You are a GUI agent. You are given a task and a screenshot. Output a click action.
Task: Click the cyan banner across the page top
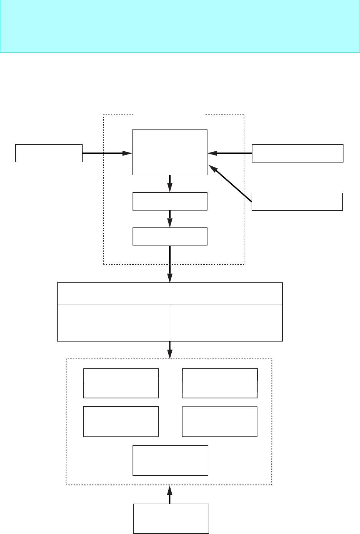[180, 26]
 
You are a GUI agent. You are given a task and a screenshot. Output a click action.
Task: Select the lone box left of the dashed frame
[49, 153]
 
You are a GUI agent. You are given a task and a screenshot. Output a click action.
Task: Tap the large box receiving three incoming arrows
[169, 152]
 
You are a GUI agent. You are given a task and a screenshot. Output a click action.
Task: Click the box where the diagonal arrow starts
[297, 202]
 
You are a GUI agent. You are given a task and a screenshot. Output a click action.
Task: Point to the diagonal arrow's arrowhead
[212, 168]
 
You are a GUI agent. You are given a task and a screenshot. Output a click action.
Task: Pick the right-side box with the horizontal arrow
[297, 153]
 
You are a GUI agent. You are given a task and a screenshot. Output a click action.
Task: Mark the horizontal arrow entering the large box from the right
[230, 153]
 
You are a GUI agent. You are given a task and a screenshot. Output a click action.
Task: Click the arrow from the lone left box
[107, 153]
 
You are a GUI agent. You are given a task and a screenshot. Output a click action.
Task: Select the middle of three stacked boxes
[170, 201]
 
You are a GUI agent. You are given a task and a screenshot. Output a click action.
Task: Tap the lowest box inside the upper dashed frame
[170, 236]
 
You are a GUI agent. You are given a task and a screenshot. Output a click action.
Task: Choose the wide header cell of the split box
[170, 294]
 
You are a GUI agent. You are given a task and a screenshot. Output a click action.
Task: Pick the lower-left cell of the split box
[113, 323]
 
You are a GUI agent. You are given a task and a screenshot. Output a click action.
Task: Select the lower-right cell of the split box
[226, 323]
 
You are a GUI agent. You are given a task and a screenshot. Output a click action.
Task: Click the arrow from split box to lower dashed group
[170, 350]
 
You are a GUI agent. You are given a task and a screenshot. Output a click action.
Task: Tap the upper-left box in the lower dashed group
[121, 383]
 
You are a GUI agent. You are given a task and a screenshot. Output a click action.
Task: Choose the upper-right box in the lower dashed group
[220, 383]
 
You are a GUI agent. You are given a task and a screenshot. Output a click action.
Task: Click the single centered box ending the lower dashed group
[170, 460]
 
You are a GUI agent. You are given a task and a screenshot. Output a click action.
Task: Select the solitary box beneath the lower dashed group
[171, 519]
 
